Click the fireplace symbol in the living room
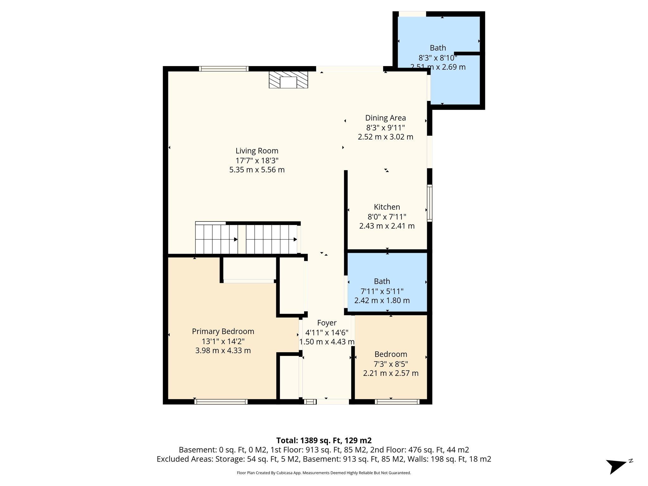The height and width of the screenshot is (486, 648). click(x=288, y=79)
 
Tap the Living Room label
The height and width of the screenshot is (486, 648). click(x=257, y=151)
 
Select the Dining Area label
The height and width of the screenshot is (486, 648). click(x=385, y=118)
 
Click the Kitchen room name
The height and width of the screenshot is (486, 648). click(x=387, y=207)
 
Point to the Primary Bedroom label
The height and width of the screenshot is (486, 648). click(x=223, y=331)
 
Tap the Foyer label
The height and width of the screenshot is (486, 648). click(x=327, y=323)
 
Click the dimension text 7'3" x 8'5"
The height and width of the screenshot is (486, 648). click(x=390, y=364)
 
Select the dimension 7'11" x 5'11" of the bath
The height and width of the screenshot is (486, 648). click(x=382, y=291)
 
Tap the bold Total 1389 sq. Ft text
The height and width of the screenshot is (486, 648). click(x=324, y=440)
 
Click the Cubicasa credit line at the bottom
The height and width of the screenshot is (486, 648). click(x=324, y=473)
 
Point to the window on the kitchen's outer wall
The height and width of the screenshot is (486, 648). click(x=429, y=203)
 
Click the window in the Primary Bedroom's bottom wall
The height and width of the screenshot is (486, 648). click(x=221, y=402)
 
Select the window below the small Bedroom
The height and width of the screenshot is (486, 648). click(x=397, y=402)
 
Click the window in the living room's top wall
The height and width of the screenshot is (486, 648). click(x=223, y=69)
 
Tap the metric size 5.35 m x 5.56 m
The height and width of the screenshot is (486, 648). click(x=257, y=170)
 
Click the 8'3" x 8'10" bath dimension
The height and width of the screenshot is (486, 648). click(x=438, y=58)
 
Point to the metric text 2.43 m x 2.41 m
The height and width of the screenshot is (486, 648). click(x=387, y=226)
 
